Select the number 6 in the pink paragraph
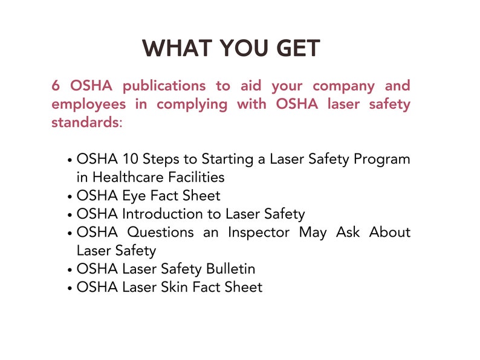pos(56,86)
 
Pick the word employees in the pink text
pos(89,104)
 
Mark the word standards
pos(85,122)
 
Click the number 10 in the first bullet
pos(130,159)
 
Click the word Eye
pos(134,196)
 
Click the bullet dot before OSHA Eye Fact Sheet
pos(71,197)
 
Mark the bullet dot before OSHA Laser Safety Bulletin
pos(71,269)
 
